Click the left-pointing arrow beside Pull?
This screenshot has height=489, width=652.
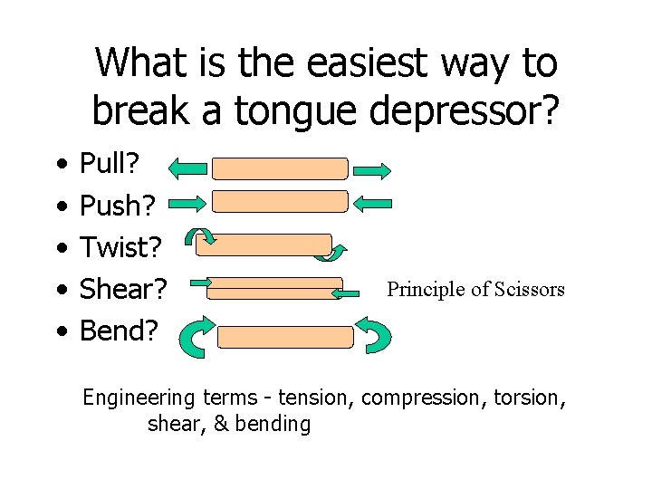[187, 168]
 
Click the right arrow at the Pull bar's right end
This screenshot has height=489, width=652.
[372, 169]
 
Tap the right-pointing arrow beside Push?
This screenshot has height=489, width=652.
[187, 203]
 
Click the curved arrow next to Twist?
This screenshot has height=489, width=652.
[200, 237]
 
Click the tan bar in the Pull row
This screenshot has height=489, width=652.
[280, 168]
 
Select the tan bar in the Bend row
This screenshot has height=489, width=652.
[286, 337]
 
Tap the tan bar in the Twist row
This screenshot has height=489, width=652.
[264, 244]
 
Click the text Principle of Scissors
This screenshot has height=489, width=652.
[475, 290]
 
